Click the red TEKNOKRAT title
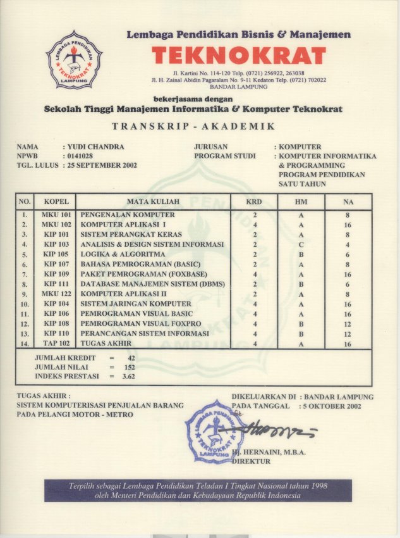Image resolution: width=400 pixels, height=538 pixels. tap(239, 56)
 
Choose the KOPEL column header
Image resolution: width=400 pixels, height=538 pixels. tap(56, 202)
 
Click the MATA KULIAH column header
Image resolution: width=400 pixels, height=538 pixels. tap(153, 202)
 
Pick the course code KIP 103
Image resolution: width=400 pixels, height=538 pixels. tap(56, 244)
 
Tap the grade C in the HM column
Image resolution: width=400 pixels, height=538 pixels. tap(301, 244)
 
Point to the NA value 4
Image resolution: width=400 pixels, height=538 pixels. tap(348, 244)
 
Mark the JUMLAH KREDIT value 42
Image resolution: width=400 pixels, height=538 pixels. tap(131, 358)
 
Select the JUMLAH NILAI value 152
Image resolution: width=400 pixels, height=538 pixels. tap(130, 367)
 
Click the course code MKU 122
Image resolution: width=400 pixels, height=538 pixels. tap(56, 294)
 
